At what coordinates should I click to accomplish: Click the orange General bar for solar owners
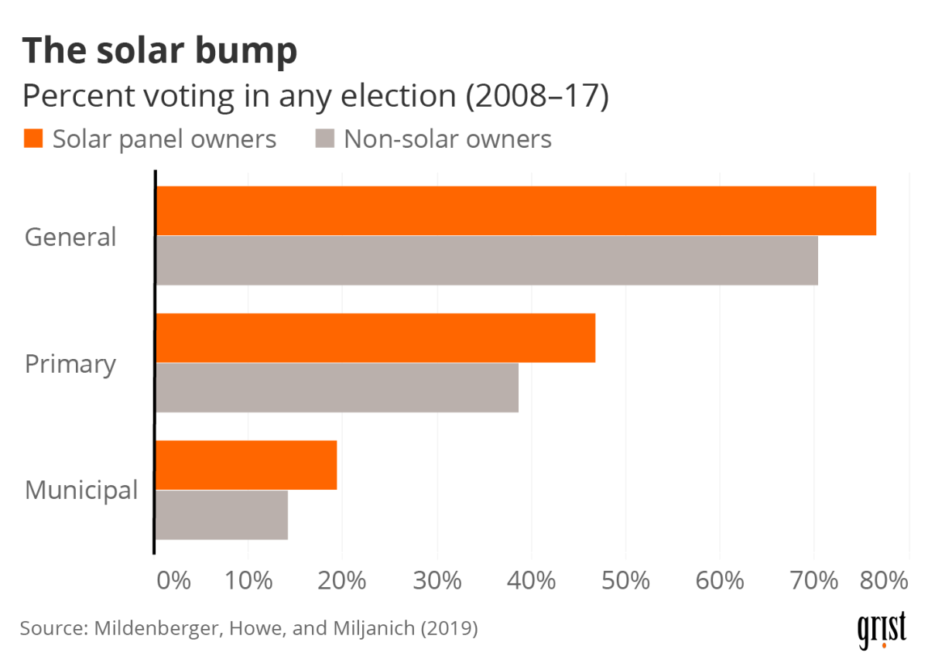[515, 210]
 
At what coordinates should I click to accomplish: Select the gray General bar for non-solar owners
[487, 261]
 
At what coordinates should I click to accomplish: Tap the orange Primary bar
[375, 338]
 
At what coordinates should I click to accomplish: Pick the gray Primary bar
[337, 388]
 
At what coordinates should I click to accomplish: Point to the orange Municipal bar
[246, 465]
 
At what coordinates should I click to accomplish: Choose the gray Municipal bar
[221, 514]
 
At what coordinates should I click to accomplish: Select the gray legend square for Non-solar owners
[325, 139]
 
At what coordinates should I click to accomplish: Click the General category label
[70, 237]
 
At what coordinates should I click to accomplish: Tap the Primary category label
[70, 364]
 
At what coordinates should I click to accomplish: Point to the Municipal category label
[81, 490]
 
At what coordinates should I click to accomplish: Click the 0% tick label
[173, 581]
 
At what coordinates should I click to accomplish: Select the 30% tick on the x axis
[437, 581]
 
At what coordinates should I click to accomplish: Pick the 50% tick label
[625, 581]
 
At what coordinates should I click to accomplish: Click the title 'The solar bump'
[159, 51]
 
